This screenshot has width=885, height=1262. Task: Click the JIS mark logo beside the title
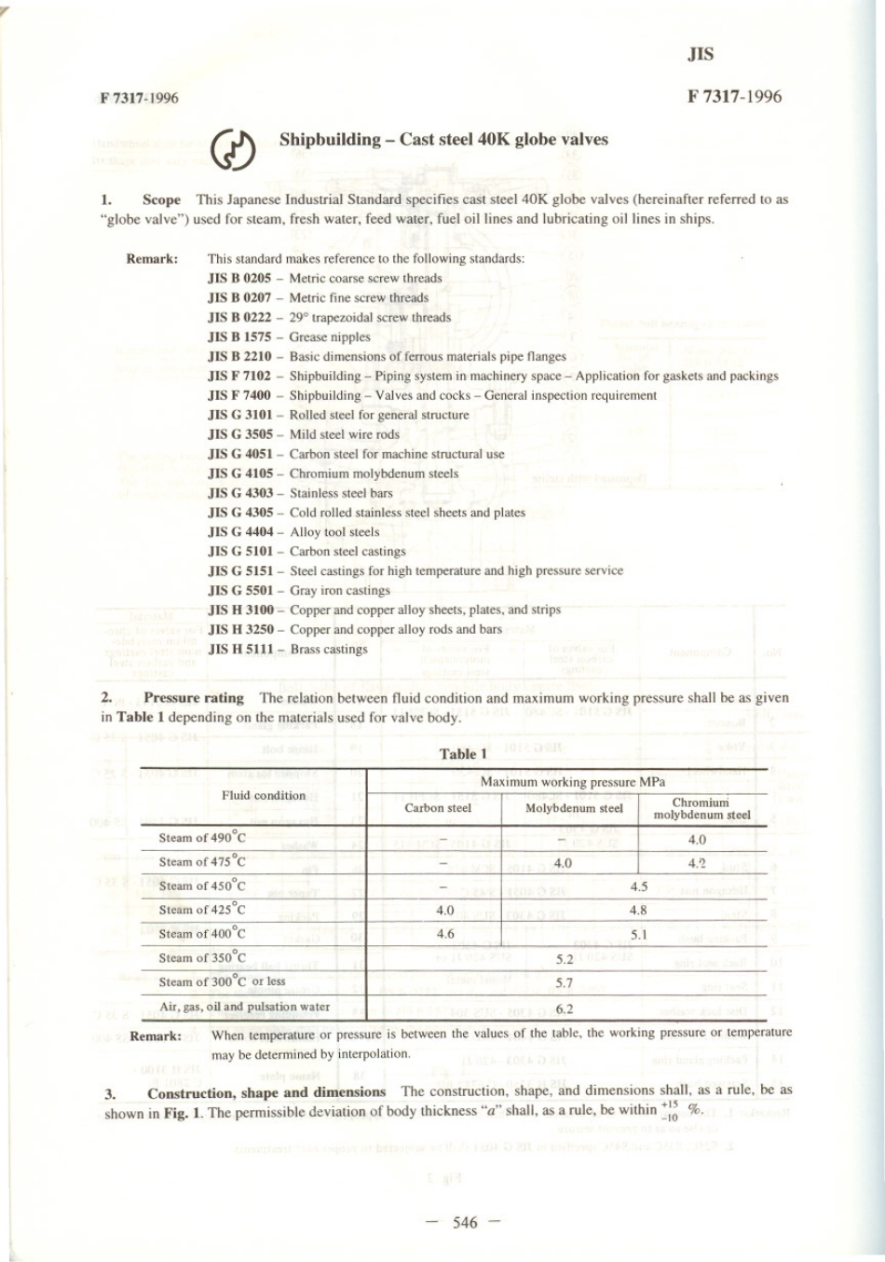click(233, 151)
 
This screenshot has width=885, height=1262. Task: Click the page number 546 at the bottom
click(464, 1223)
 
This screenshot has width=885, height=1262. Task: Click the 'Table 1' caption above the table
click(463, 754)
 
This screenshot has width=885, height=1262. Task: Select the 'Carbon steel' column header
click(438, 808)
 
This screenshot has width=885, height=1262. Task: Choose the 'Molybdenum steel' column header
click(574, 808)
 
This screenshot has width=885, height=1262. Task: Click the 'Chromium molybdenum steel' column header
click(701, 808)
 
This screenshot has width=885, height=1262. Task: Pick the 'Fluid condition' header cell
click(264, 795)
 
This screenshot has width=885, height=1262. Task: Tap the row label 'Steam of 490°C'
click(202, 838)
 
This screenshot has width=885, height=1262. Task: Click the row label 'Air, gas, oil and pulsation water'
click(245, 1007)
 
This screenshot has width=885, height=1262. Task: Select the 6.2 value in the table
click(565, 1008)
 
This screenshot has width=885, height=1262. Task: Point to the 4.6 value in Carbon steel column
click(445, 934)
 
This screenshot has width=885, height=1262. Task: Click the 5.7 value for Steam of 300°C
click(565, 982)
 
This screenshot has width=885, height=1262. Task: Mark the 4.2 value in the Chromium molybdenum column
click(697, 863)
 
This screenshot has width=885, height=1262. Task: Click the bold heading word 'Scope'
click(161, 199)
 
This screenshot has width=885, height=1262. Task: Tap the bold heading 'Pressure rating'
click(194, 697)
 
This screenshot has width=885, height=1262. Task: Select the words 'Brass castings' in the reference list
click(329, 649)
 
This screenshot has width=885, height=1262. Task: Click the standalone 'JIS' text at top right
click(701, 54)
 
